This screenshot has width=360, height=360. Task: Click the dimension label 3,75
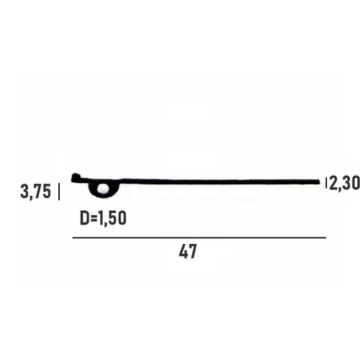click(x=36, y=192)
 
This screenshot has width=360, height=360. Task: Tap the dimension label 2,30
click(x=345, y=183)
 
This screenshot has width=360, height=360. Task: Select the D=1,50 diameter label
click(x=103, y=218)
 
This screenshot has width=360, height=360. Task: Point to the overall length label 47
click(x=188, y=251)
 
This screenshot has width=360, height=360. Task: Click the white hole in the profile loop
click(x=103, y=188)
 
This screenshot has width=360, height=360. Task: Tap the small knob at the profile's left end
click(x=76, y=176)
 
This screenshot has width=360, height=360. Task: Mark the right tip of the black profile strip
click(x=320, y=182)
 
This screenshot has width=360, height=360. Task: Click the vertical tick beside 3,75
click(x=59, y=192)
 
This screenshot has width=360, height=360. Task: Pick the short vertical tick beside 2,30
click(x=326, y=183)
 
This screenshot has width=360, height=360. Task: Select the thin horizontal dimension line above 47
click(x=199, y=238)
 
